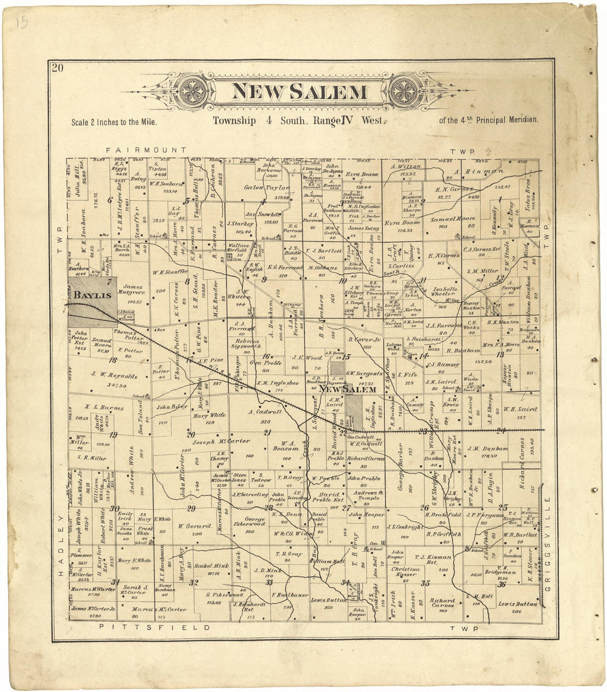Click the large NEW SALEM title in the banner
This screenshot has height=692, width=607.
pos(299,91)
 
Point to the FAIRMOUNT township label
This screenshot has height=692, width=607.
pos(147,150)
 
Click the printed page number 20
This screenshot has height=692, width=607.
pos(58,68)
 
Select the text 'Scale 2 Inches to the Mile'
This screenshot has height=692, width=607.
pos(114,122)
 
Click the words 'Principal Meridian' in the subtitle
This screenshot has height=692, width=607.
pos(510,119)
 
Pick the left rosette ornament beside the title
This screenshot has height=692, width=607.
pos(194,91)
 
